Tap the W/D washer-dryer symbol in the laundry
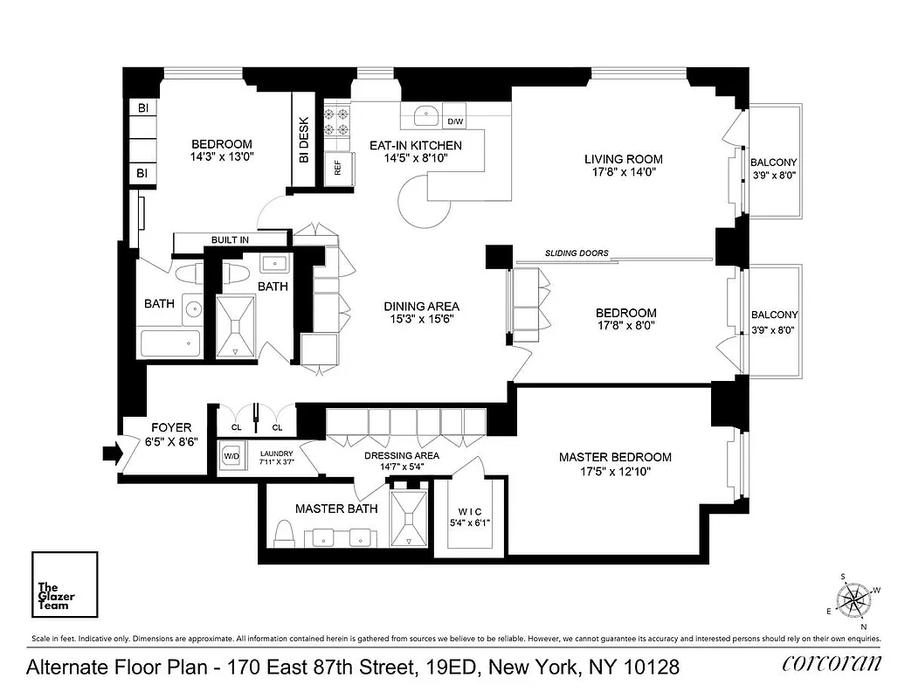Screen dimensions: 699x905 (x=232, y=456)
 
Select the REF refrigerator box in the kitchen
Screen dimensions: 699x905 (x=338, y=169)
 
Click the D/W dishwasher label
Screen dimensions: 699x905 (x=455, y=121)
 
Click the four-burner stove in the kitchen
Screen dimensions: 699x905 (x=337, y=121)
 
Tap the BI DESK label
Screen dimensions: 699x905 (x=304, y=141)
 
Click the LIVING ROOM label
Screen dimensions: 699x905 (x=623, y=159)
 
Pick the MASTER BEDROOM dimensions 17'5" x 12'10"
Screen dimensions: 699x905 (x=615, y=471)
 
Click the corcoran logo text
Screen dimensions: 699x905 (x=832, y=663)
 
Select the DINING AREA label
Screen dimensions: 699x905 (x=422, y=307)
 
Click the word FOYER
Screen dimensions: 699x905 (x=171, y=428)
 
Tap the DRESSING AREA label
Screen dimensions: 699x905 (x=401, y=455)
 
